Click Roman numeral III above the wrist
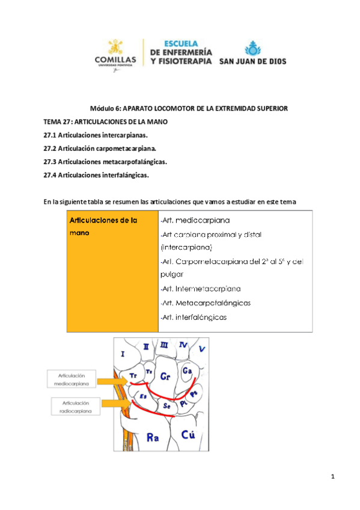[x=164, y=345]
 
